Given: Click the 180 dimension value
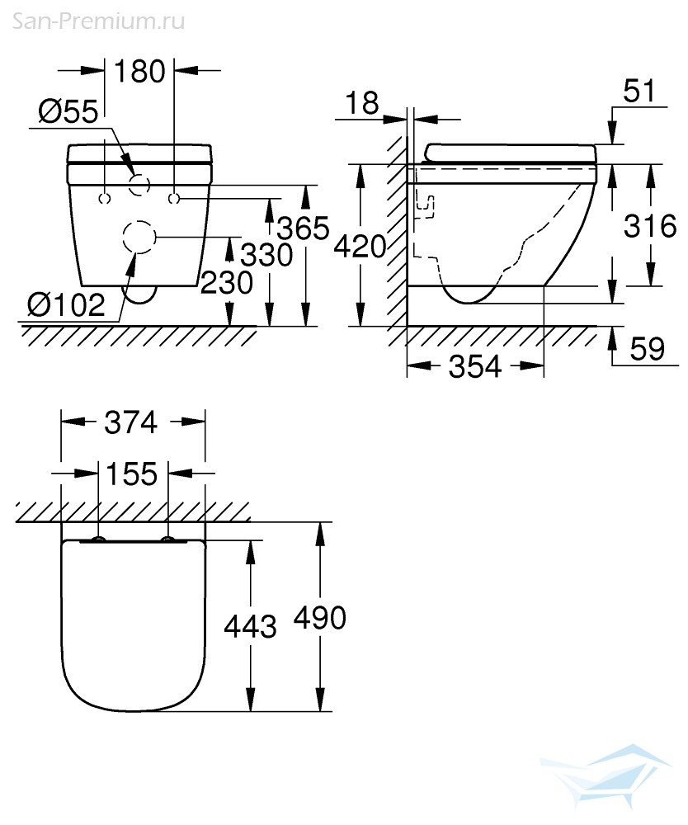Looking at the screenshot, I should (140, 72).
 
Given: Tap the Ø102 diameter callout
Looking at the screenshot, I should (66, 305).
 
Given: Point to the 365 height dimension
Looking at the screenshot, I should (304, 228).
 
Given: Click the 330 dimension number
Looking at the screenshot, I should (266, 256).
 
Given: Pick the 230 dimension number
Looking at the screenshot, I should (227, 283).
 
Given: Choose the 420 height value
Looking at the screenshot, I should (360, 246).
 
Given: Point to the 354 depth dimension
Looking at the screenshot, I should (474, 366).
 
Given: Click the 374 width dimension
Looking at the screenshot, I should (132, 422).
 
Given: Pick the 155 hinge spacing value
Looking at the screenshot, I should (133, 474).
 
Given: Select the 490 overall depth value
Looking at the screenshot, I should (321, 617).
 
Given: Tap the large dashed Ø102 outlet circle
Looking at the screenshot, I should (138, 238).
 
